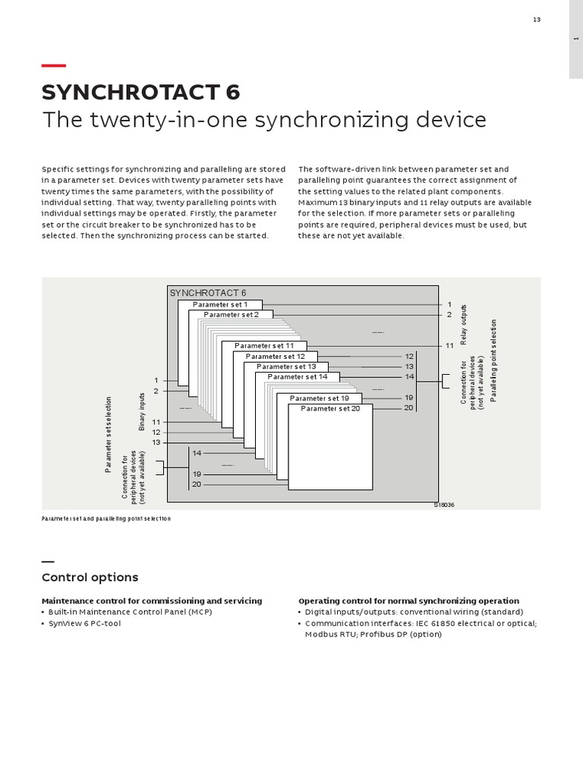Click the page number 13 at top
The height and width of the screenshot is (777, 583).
pyautogui.click(x=536, y=20)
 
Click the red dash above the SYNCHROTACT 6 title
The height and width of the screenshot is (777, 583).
pyautogui.click(x=53, y=65)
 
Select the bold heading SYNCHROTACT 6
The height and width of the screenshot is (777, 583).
pyautogui.click(x=140, y=92)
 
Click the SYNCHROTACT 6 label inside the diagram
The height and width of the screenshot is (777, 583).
pyautogui.click(x=208, y=293)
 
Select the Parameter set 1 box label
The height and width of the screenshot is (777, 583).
pyautogui.click(x=220, y=304)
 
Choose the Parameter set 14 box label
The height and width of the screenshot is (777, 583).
pyautogui.click(x=297, y=376)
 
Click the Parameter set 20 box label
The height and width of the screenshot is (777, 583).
pyautogui.click(x=330, y=408)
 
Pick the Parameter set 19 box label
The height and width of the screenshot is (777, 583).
pyautogui.click(x=320, y=398)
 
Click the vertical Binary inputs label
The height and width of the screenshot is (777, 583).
pyautogui.click(x=142, y=412)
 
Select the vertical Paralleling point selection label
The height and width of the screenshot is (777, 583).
pyautogui.click(x=493, y=360)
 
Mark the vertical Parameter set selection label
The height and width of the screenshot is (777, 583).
pyautogui.click(x=109, y=435)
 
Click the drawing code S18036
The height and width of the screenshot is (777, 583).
pyautogui.click(x=445, y=505)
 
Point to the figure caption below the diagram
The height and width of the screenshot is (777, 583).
pyautogui.click(x=106, y=518)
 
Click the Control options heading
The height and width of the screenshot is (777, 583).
pyautogui.click(x=90, y=577)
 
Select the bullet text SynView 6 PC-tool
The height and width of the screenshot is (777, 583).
pyautogui.click(x=84, y=623)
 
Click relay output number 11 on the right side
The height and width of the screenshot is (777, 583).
pyautogui.click(x=449, y=345)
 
